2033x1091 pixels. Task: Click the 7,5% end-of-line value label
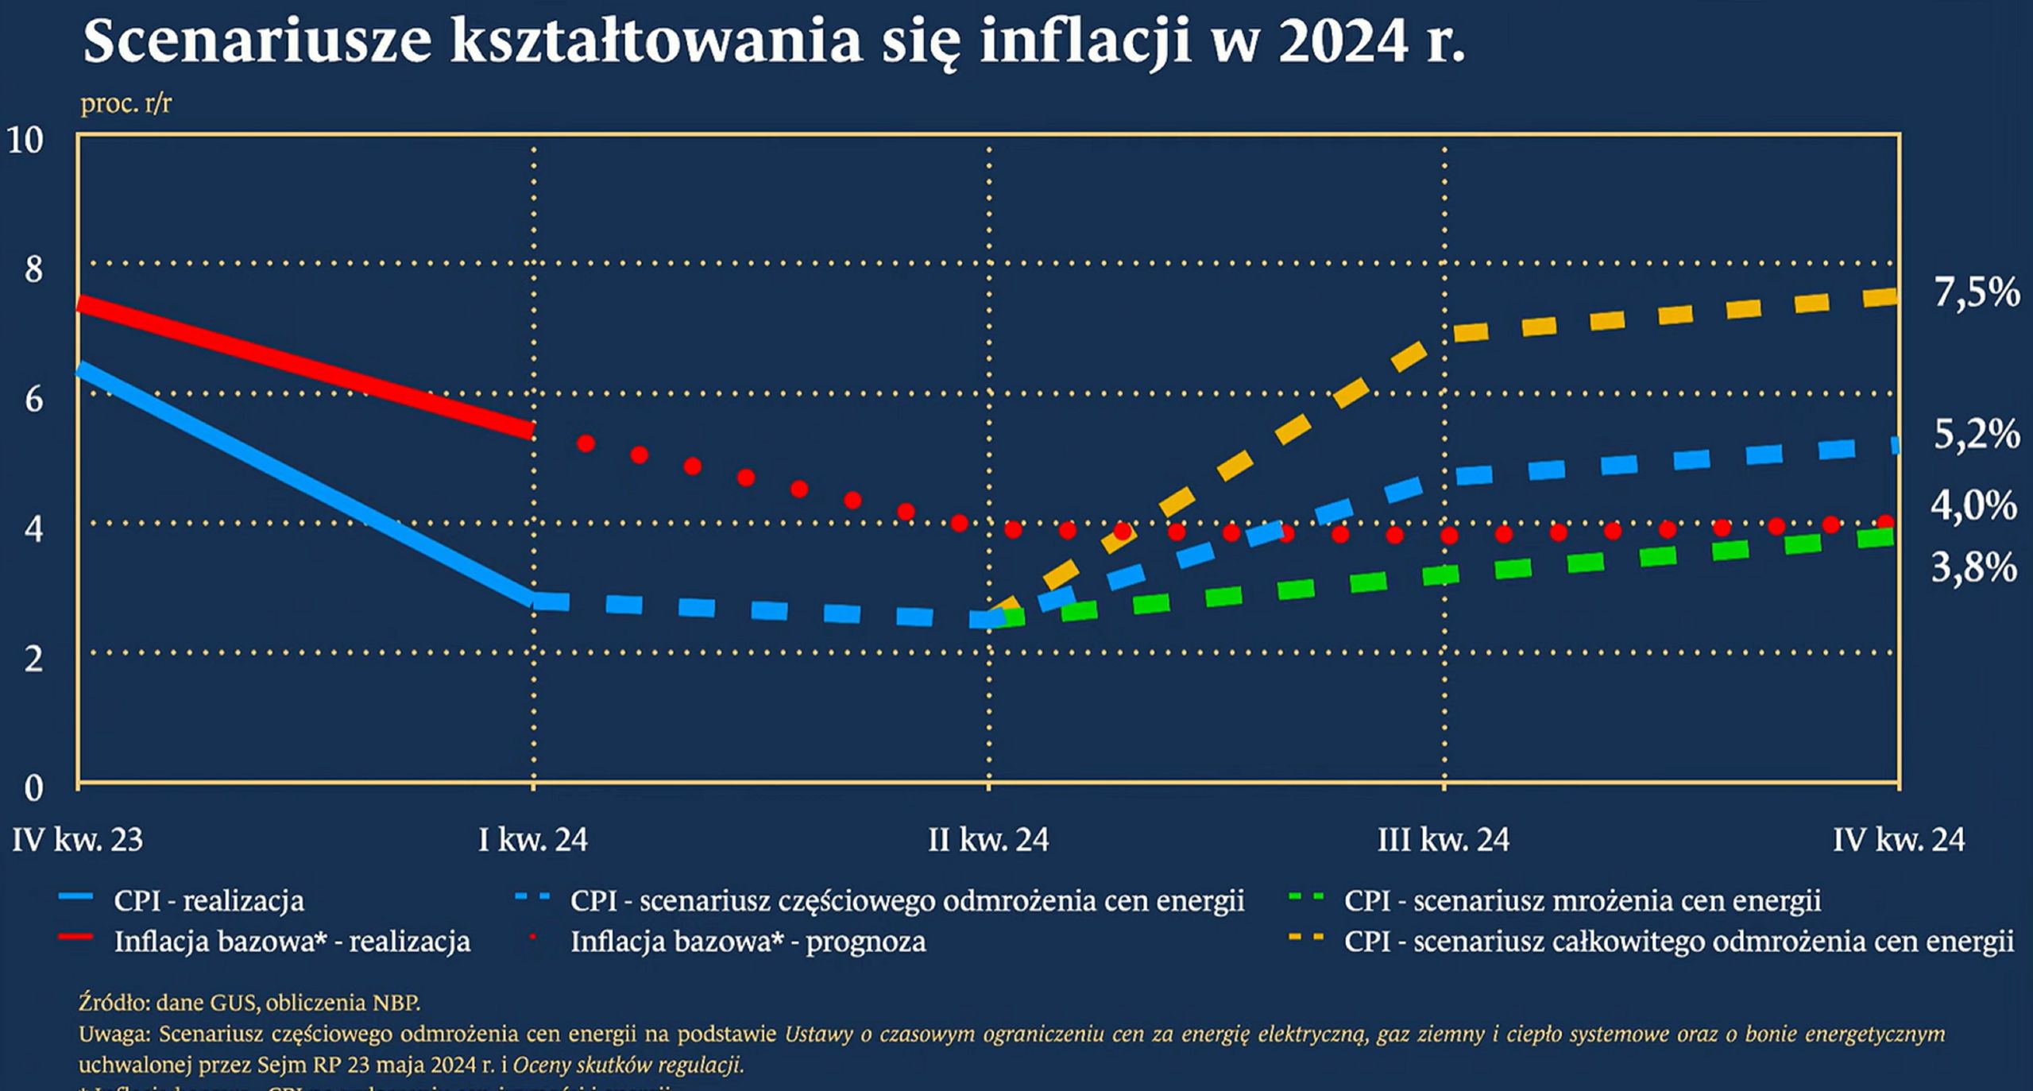point(1977,293)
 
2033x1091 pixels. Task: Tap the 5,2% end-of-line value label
point(1976,435)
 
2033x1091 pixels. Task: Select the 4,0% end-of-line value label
point(1973,505)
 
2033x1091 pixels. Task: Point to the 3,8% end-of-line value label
point(1973,567)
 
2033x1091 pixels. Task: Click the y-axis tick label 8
point(33,269)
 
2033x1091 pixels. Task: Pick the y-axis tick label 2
point(33,659)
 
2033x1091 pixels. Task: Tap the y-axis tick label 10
point(25,141)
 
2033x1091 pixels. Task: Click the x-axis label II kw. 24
point(988,840)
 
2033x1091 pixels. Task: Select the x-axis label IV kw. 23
point(78,840)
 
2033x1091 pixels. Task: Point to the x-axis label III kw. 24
point(1444,840)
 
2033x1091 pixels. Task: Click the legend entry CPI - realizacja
point(208,900)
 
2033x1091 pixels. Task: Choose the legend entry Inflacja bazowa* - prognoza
point(748,942)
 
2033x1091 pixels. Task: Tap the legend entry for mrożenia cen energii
point(1582,900)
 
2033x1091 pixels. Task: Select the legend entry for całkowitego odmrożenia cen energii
point(1678,942)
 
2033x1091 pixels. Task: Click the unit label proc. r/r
point(126,103)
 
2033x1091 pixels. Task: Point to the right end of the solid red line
point(530,430)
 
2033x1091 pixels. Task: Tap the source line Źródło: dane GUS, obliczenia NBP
point(249,1003)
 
